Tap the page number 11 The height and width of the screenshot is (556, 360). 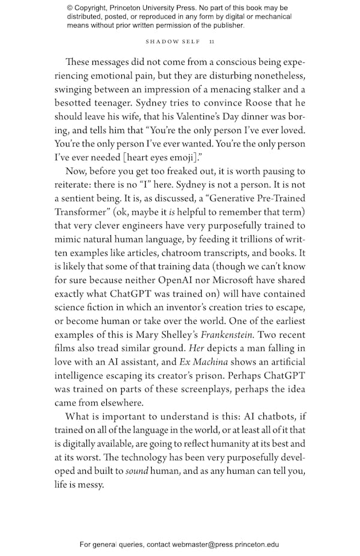(x=212, y=41)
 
